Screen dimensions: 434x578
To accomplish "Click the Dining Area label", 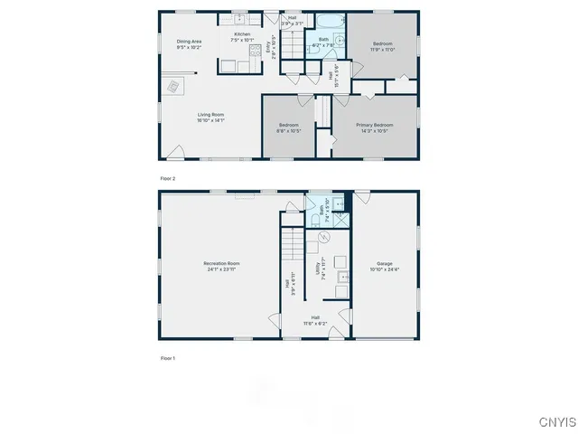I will [189, 41].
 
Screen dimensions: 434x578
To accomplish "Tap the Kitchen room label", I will [242, 34].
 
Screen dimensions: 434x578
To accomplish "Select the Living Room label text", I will [211, 114].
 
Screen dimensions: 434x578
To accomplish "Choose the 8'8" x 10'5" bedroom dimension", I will [289, 130].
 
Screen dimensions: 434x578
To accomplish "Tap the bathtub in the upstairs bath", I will [323, 19].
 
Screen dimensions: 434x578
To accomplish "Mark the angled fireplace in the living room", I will [171, 86].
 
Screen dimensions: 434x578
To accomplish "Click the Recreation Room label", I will [221, 263].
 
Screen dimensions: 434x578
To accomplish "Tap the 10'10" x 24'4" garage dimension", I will [385, 269].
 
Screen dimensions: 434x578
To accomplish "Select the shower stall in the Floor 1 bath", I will [339, 218].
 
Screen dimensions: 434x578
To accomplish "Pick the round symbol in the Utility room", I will [323, 237].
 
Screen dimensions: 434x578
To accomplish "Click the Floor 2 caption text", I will [167, 179].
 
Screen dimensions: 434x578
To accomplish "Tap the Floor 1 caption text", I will [167, 358].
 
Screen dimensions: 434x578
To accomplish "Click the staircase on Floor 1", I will [292, 244].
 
